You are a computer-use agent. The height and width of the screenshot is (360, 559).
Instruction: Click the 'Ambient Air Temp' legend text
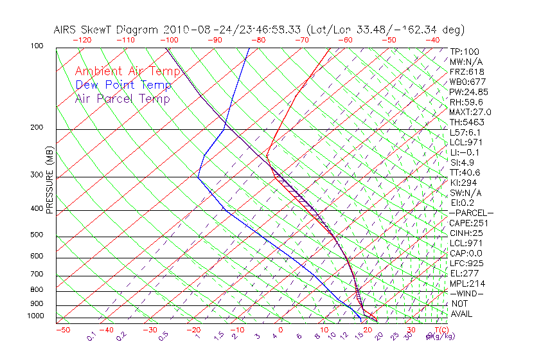[x=128, y=71]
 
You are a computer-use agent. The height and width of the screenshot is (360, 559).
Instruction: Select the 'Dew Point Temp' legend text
[x=123, y=85]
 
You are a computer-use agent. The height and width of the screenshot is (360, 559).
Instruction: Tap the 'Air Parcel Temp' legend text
[x=122, y=98]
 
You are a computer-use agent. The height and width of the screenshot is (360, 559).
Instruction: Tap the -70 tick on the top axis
[x=301, y=40]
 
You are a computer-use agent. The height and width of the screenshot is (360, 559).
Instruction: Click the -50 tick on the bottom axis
[x=63, y=330]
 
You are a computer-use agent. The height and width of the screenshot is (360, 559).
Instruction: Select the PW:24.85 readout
[x=469, y=92]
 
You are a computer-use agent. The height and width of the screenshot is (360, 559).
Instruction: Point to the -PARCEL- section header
[x=471, y=213]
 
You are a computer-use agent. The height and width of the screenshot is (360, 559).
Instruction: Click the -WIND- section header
[x=467, y=293]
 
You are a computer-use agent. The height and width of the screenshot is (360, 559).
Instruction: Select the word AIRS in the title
[x=67, y=30]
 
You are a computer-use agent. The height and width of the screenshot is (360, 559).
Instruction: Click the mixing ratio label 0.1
[x=92, y=335]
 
